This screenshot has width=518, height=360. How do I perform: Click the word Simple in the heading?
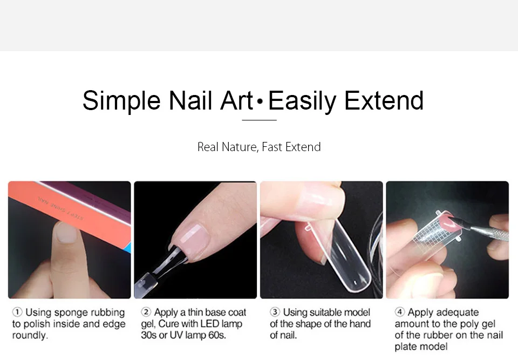[x=121, y=101]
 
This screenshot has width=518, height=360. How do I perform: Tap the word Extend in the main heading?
[x=384, y=100]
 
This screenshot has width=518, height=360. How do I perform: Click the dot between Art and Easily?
[x=260, y=101]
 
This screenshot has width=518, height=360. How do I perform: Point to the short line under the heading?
[x=260, y=120]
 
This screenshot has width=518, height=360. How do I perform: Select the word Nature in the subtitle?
[x=240, y=147]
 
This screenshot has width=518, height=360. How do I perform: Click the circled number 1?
[x=17, y=312]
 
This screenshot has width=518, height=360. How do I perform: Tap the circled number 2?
[x=146, y=312]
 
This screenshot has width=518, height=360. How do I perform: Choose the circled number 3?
[x=275, y=312]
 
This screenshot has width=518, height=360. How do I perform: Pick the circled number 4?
[x=400, y=312]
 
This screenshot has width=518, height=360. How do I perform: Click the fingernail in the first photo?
[x=66, y=233]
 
